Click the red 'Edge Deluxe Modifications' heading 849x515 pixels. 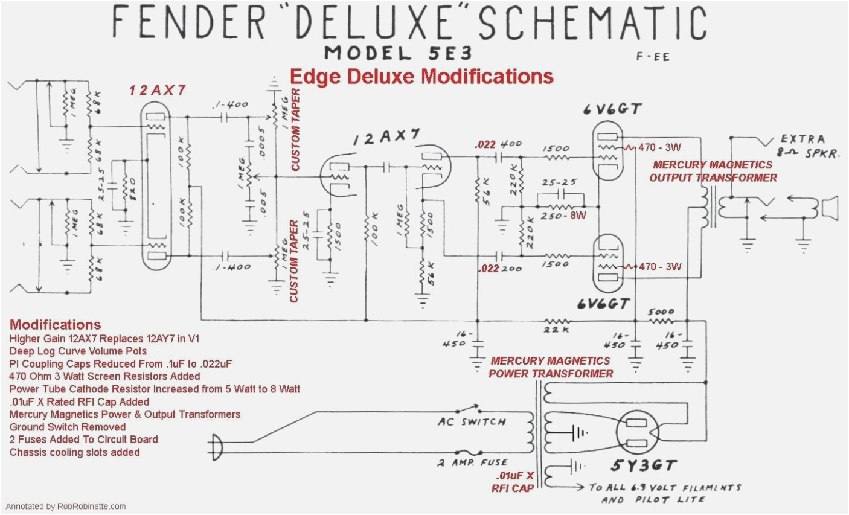point(421,77)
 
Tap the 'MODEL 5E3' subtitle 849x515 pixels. point(397,53)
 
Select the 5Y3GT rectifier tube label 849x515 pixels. point(644,466)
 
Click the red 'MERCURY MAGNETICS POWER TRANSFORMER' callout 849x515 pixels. point(551,367)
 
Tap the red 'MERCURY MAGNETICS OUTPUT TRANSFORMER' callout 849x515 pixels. point(713,171)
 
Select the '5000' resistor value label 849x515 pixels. point(661,312)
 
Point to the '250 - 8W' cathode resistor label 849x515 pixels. point(563,216)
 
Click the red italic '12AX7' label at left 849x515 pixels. point(157,91)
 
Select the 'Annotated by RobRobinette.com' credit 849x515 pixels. point(66,507)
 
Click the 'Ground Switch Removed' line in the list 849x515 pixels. point(68,427)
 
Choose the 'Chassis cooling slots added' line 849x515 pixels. point(74,452)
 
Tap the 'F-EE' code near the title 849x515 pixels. point(652,57)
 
